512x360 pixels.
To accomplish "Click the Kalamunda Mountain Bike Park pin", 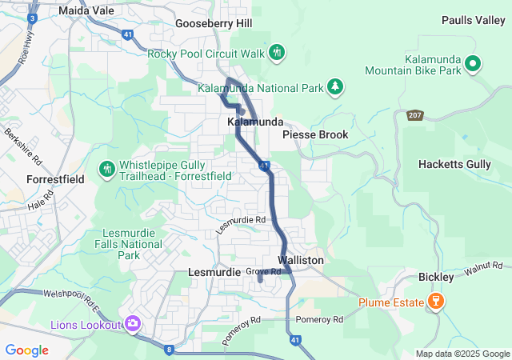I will tap(472, 62).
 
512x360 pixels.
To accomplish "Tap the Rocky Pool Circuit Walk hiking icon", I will tap(277, 53).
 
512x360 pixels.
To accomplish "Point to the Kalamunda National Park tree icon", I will tap(337, 86).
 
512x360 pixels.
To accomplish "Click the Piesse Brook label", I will tap(315, 134).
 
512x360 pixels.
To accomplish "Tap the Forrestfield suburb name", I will tap(55, 180).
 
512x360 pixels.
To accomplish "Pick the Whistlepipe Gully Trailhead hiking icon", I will tap(106, 169).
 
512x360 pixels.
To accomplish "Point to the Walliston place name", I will tap(301, 261).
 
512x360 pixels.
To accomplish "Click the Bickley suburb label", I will tap(436, 277).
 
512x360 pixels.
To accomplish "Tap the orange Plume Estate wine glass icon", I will tap(436, 302).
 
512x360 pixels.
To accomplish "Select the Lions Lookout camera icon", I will tap(133, 324).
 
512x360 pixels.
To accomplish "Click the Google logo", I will tap(27, 350).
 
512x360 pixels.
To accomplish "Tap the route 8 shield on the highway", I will tap(169, 349).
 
